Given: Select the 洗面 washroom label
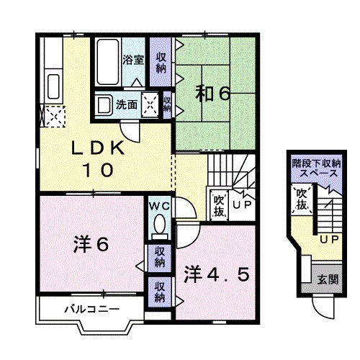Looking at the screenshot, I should pyautogui.click(x=128, y=104).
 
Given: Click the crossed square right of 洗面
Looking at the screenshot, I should pyautogui.click(x=151, y=104).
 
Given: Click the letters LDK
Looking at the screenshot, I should pyautogui.click(x=96, y=148).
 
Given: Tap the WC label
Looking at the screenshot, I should pyautogui.click(x=159, y=206).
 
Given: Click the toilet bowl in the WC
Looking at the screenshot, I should pyautogui.click(x=159, y=225).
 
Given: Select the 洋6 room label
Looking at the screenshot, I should pyautogui.click(x=90, y=245).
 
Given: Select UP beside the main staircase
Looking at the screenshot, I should pyautogui.click(x=242, y=206).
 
